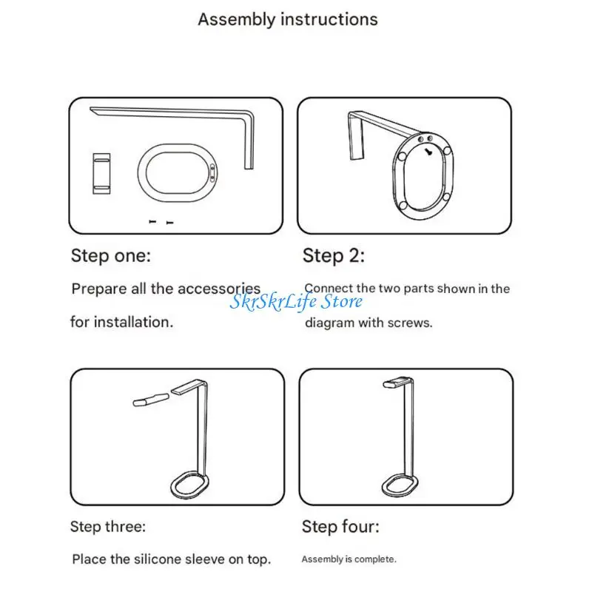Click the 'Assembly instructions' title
click(x=288, y=20)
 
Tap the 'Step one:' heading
click(x=111, y=255)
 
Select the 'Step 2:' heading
click(x=334, y=255)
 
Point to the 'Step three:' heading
click(x=108, y=526)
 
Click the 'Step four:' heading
click(x=340, y=526)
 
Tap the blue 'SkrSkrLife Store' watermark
click(x=296, y=301)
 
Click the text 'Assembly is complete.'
click(x=349, y=559)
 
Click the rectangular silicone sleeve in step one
click(x=101, y=174)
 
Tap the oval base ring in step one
click(x=139, y=172)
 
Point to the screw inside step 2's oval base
click(x=428, y=152)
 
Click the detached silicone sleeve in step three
click(x=151, y=400)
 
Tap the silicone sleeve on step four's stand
click(x=397, y=383)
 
